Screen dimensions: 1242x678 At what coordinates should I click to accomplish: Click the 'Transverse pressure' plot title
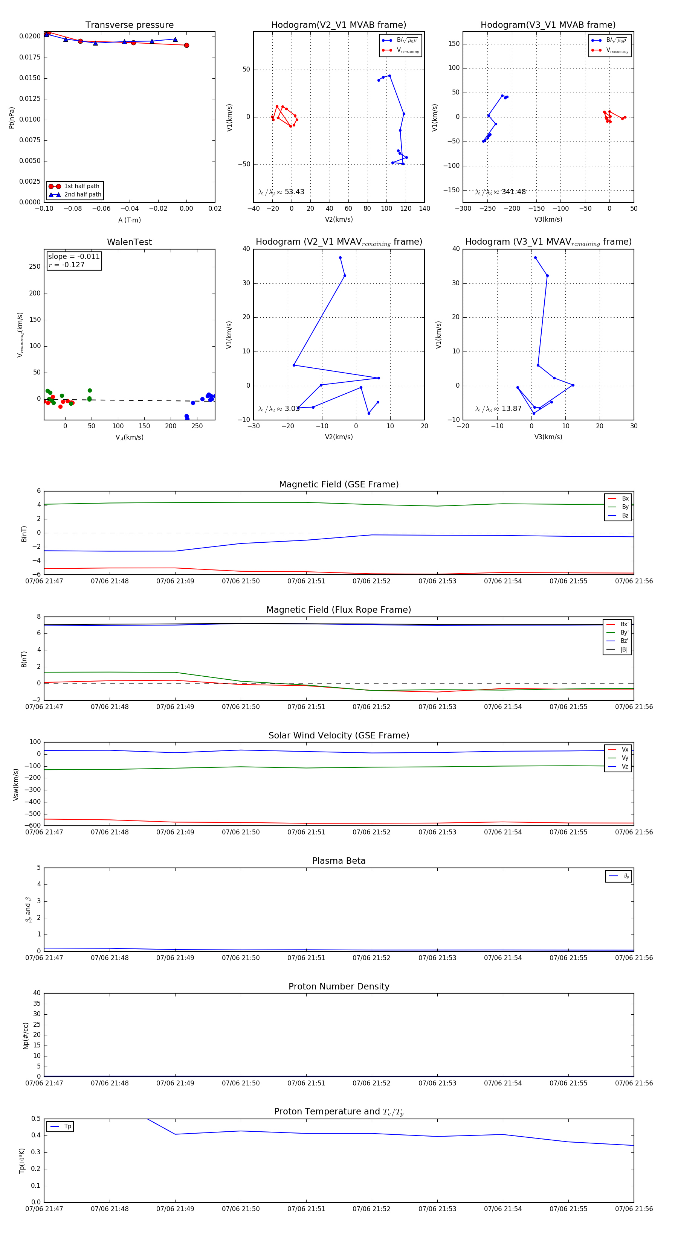click(x=129, y=25)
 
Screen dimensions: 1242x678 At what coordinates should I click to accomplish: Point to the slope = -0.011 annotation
click(x=74, y=257)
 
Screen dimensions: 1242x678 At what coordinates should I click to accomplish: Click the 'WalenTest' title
click(x=129, y=242)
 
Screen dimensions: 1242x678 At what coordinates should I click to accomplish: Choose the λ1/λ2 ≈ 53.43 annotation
click(x=281, y=192)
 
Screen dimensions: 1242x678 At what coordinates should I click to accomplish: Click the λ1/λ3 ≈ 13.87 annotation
click(x=498, y=409)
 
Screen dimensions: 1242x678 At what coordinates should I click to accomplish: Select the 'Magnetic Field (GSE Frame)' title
click(x=339, y=484)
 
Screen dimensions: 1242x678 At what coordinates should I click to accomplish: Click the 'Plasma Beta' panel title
click(x=339, y=861)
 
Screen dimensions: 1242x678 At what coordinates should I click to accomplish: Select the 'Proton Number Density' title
click(x=339, y=986)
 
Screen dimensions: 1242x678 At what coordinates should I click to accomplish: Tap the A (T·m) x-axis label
click(x=129, y=220)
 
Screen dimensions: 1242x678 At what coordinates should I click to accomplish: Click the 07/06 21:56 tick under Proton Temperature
click(x=634, y=1209)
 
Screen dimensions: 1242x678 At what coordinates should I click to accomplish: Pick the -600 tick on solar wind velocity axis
click(x=33, y=825)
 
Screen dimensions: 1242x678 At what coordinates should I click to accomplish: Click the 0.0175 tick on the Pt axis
click(x=29, y=57)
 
